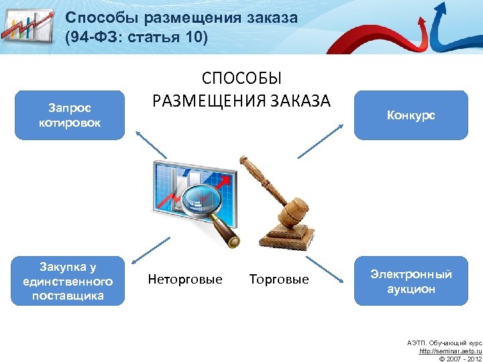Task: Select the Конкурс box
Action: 411,115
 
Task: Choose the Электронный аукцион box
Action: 411,282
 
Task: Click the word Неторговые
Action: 184,279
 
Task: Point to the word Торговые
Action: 279,279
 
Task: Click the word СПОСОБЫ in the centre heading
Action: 241,80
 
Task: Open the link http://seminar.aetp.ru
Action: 450,351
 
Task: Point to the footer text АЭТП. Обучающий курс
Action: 444,343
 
